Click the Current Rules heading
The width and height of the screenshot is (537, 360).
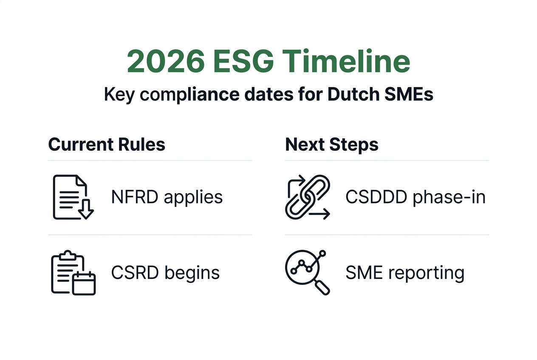tap(107, 144)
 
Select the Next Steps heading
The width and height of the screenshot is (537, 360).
tap(331, 144)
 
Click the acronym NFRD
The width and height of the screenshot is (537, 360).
tap(135, 197)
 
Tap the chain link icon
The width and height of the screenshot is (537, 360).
tap(307, 197)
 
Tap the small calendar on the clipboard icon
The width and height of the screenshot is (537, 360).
tap(84, 284)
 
